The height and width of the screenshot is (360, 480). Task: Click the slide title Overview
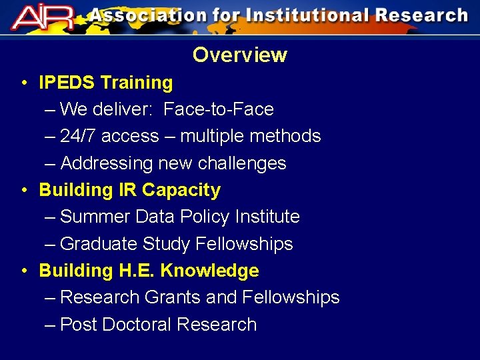[240, 55]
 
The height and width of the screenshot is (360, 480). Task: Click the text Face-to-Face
[218, 109]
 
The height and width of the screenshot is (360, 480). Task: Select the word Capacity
[181, 190]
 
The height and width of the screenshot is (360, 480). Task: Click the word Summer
[95, 217]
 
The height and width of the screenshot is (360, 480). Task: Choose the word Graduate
[99, 244]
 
